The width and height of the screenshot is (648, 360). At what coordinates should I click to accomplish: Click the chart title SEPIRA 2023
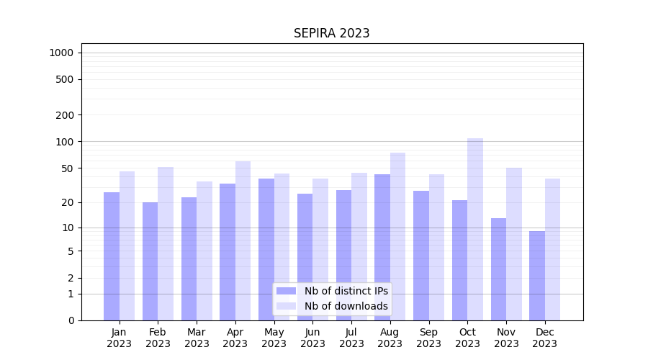click(x=331, y=33)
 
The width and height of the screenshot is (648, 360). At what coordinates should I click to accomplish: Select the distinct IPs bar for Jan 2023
click(x=112, y=256)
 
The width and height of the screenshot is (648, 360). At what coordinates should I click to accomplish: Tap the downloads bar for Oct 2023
click(x=475, y=229)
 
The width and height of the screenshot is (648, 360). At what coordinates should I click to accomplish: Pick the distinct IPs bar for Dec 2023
click(x=537, y=275)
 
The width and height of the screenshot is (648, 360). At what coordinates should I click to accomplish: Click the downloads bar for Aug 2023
click(x=397, y=236)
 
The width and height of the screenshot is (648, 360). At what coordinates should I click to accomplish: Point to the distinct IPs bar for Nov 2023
click(x=498, y=269)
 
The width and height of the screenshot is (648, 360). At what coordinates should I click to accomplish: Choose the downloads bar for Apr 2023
click(x=243, y=240)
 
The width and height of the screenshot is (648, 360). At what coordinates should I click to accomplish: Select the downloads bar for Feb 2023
click(x=166, y=243)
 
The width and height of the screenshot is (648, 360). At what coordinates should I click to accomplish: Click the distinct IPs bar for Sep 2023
click(x=421, y=255)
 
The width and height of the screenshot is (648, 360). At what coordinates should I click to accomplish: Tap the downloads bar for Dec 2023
click(x=552, y=249)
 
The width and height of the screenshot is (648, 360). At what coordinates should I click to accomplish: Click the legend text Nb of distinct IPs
click(x=346, y=291)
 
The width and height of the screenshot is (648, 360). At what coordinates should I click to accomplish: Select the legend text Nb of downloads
click(x=346, y=306)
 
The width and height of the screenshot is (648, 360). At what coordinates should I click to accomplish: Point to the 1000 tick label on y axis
click(x=61, y=53)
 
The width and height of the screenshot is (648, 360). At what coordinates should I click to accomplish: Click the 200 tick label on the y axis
click(x=65, y=115)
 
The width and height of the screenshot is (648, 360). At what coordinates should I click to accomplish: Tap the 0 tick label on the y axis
click(x=71, y=320)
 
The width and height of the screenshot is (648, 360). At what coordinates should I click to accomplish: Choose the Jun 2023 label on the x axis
click(x=312, y=338)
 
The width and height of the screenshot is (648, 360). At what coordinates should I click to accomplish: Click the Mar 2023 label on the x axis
click(x=197, y=338)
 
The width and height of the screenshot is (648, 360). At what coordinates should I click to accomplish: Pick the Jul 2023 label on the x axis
click(x=351, y=338)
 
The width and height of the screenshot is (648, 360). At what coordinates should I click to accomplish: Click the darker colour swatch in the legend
click(x=286, y=291)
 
